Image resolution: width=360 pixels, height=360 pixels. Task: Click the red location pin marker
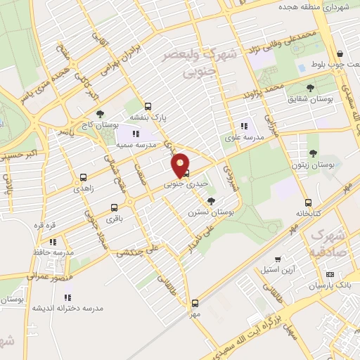181,165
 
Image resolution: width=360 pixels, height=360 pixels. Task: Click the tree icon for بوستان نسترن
202,201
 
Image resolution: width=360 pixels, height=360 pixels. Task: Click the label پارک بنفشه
148,118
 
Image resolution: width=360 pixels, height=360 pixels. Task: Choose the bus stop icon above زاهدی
84,177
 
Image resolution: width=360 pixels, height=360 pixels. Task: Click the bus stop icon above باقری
114,208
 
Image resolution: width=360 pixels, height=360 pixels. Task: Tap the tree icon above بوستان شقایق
310,87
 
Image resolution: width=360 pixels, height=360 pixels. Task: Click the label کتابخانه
309,212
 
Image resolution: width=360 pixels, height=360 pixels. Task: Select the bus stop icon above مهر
195,303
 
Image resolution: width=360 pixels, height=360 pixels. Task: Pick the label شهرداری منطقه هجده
326,8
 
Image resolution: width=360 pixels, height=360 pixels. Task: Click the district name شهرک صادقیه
328,242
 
